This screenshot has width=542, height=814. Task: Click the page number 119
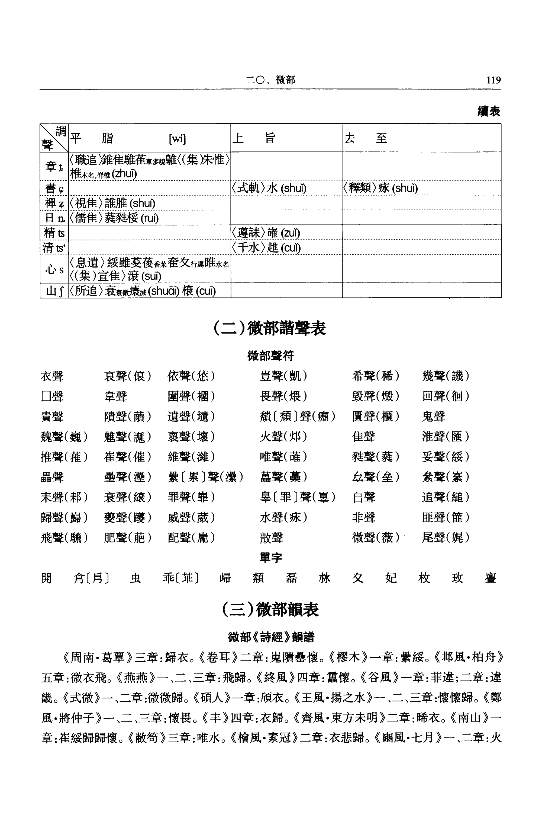tap(493, 80)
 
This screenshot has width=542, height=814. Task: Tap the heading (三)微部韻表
tap(270, 610)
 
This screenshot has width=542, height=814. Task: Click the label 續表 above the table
tap(488, 112)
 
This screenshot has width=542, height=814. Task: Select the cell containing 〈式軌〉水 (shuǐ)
tap(269, 188)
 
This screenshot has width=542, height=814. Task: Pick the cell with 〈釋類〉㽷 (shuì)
tap(380, 188)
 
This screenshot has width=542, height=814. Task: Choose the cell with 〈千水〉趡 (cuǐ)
tap(266, 248)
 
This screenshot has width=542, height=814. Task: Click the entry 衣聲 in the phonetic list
tap(52, 376)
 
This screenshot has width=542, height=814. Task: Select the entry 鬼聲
tap(433, 416)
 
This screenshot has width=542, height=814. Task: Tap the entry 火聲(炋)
tap(283, 437)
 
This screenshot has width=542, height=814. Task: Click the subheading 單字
tap(271, 558)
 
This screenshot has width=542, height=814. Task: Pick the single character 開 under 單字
tap(46, 578)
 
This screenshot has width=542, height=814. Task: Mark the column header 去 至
tap(365, 138)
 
